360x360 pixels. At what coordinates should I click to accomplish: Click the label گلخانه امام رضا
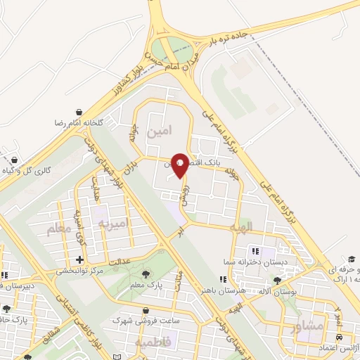click(79, 122)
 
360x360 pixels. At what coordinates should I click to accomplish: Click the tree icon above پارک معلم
click(146, 273)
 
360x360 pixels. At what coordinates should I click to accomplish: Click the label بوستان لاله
click(277, 290)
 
